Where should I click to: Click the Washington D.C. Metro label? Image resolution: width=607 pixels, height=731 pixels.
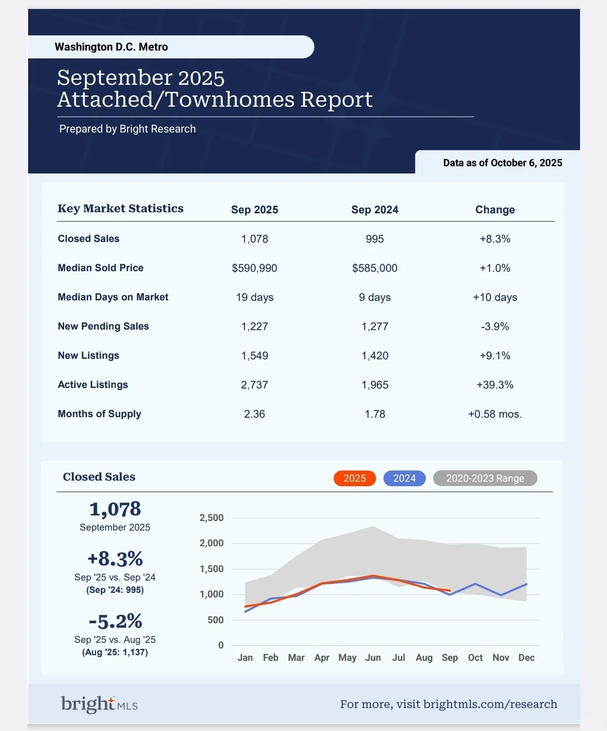111,47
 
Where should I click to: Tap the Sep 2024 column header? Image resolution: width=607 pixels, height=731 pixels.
375,210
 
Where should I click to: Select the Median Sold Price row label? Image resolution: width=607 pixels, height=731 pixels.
101,268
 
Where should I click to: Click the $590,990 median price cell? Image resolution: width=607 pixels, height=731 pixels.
255,268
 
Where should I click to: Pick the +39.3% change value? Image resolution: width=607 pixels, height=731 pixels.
495,385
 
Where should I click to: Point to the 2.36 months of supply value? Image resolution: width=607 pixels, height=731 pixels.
255,414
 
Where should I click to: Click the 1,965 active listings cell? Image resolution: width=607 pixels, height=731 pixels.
375,385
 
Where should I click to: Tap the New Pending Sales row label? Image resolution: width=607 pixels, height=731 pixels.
103,326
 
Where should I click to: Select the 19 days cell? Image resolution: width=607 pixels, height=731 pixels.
255,298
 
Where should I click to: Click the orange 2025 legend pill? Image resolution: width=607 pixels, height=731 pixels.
355,478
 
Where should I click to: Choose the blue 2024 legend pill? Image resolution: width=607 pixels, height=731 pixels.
405,478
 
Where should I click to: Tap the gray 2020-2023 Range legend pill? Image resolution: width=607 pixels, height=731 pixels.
485,478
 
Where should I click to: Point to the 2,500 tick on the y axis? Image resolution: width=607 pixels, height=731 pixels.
211,518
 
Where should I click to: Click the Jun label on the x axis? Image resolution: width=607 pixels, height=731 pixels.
373,657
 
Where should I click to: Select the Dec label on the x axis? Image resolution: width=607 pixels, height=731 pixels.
527,657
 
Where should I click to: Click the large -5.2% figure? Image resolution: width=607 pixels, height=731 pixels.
115,621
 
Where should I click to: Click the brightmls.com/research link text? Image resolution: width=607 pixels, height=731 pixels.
490,704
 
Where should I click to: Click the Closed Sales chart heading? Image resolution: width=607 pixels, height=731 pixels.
99,477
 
